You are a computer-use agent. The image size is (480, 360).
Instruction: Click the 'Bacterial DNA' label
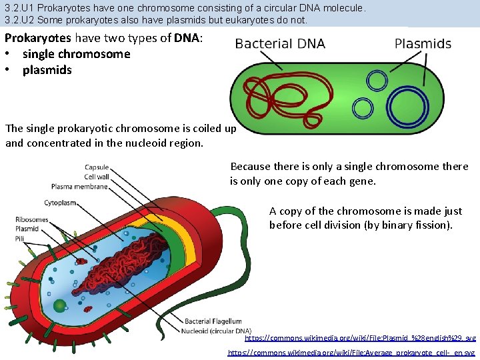[x=280, y=45]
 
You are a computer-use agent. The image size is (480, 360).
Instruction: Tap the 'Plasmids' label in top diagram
[x=423, y=44]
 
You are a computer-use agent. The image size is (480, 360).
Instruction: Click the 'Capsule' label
[x=97, y=167]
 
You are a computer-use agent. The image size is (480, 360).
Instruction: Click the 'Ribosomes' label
[x=32, y=219]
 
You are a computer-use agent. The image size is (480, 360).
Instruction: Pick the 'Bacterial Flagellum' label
[x=213, y=321]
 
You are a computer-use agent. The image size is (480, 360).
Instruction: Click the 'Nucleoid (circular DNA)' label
[x=218, y=331]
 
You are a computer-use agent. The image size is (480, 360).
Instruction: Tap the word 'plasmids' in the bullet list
[x=47, y=70]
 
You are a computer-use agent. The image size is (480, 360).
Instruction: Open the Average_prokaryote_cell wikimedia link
[x=351, y=352]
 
